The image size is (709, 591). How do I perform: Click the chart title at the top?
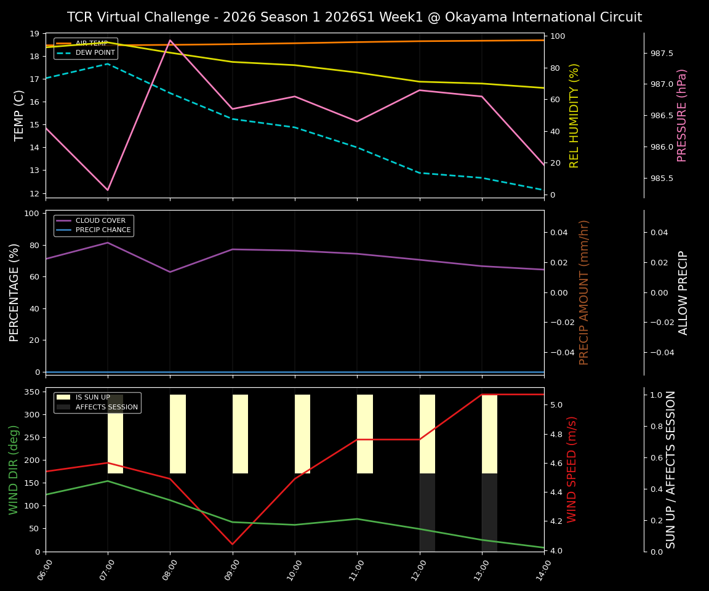coord(354,17)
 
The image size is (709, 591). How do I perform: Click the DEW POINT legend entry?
coord(95,53)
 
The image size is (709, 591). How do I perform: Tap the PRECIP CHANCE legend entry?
coord(103,230)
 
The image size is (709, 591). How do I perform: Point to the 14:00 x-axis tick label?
coord(540,570)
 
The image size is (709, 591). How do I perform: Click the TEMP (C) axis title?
coord(20,115)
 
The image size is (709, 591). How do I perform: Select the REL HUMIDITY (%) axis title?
coord(575,115)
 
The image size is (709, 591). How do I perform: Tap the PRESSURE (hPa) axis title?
coord(682,115)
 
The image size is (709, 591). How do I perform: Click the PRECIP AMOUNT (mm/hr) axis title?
coord(585,292)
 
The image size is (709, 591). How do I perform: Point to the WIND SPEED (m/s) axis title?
coord(572,469)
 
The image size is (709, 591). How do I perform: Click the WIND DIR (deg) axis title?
coord(14,469)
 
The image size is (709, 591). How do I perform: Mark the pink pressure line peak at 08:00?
coord(170,40)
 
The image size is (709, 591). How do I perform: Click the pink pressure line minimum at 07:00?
coord(108,190)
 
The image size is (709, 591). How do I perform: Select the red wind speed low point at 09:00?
coord(233,544)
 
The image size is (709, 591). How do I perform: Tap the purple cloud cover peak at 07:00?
coord(108,243)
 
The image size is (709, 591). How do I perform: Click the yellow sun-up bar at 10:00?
coord(302,434)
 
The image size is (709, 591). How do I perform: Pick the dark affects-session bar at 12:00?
coord(427,512)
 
